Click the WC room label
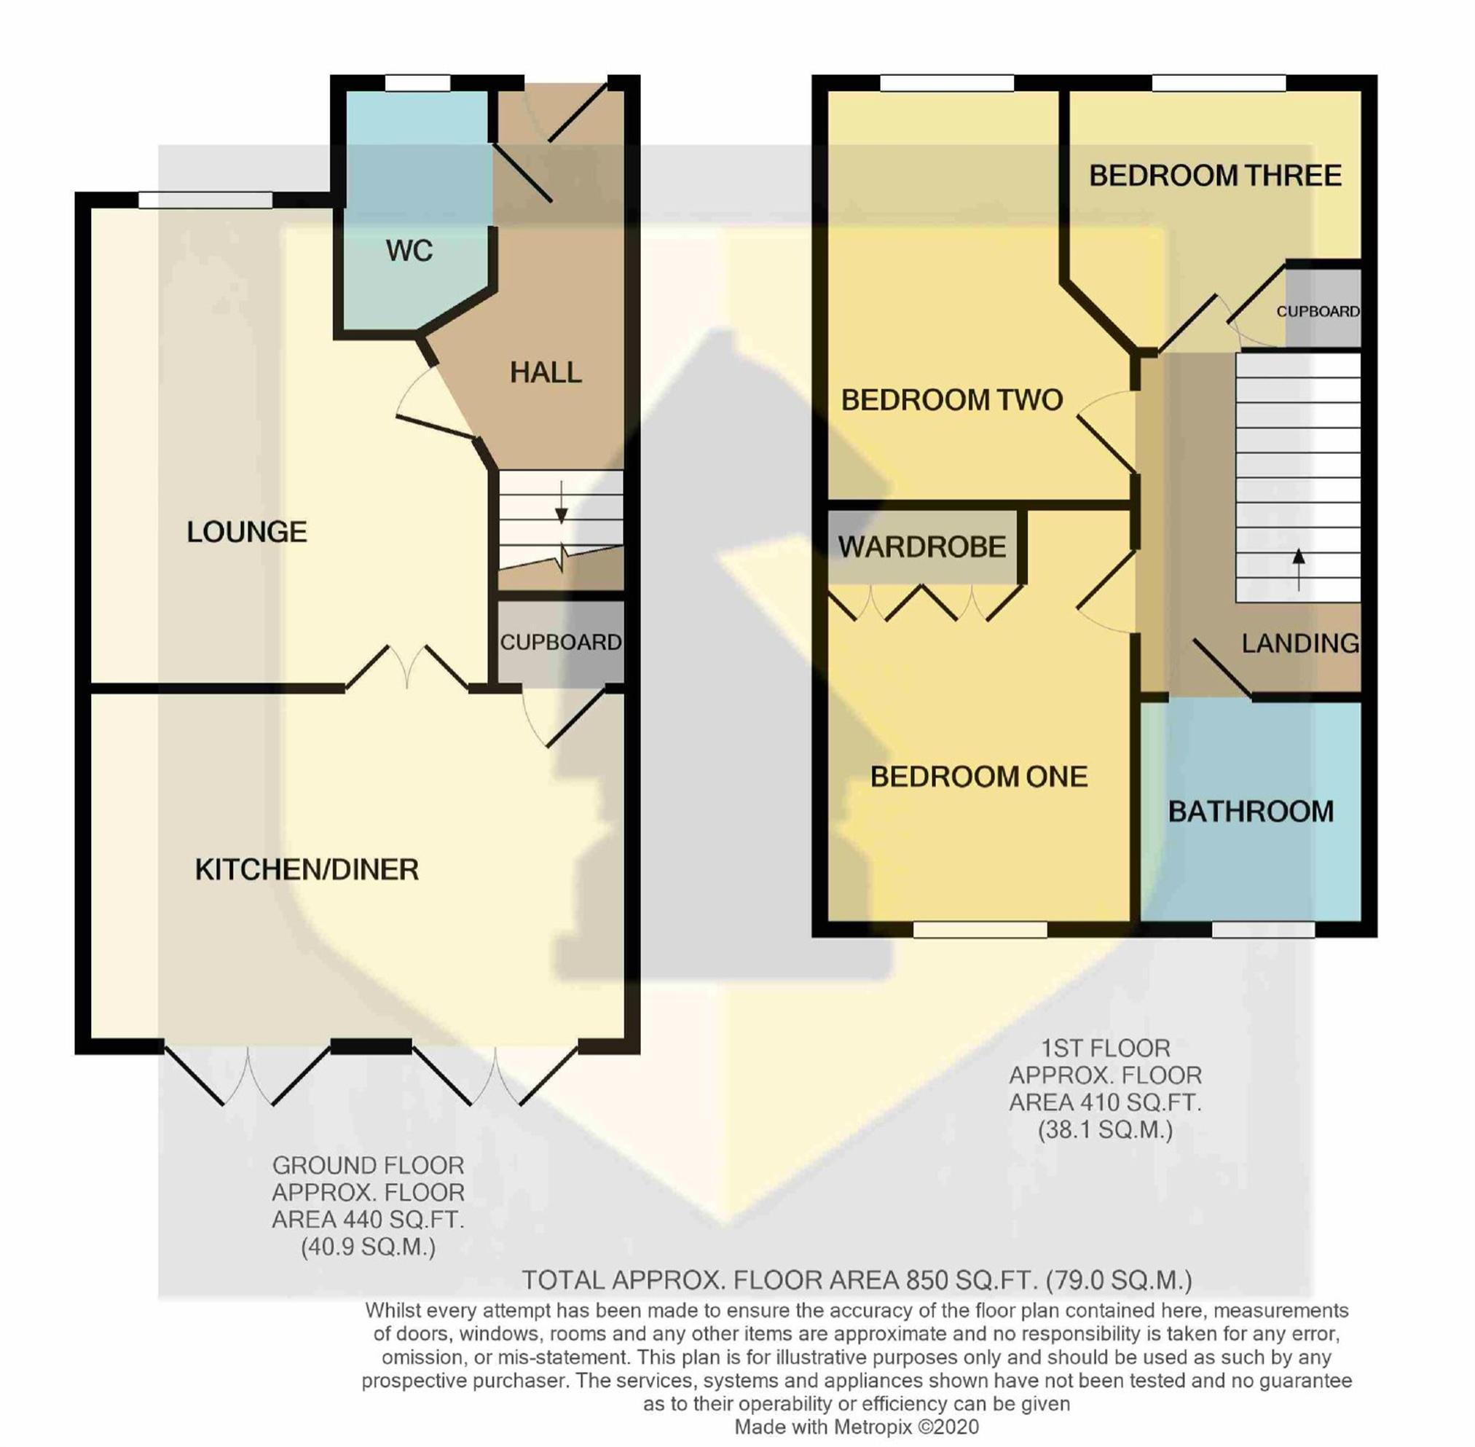point(409,251)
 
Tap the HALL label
point(546,372)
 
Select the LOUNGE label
point(247,532)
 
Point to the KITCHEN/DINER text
point(307,869)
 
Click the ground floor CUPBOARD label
point(561,642)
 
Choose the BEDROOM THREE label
point(1215,176)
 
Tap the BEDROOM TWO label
point(951,400)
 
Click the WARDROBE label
point(921,546)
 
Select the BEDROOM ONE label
point(979,777)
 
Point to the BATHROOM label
point(1251,812)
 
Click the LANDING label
point(1300,643)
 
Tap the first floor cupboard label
point(1318,312)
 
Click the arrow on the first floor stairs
point(1299,569)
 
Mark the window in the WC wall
point(417,82)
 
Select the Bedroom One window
point(980,929)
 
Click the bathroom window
point(1263,929)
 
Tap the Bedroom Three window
point(1219,82)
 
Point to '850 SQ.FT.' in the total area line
point(970,1281)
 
